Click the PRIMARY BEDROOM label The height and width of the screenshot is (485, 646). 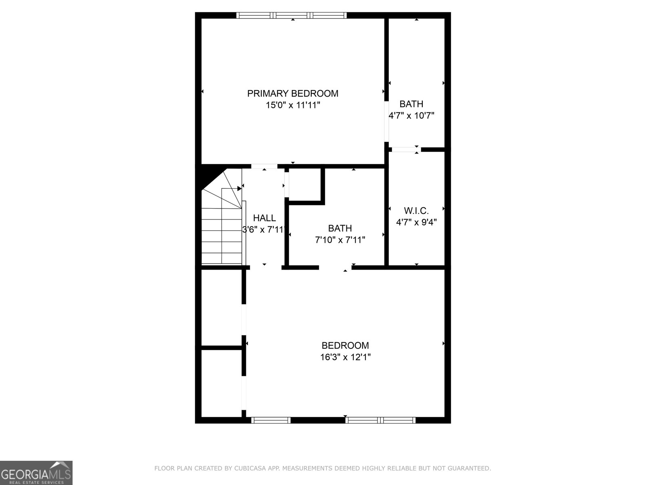click(x=293, y=93)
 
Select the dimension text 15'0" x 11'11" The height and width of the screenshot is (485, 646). click(x=293, y=105)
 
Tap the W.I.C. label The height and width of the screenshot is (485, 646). click(x=416, y=211)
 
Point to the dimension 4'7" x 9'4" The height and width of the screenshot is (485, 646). click(x=416, y=222)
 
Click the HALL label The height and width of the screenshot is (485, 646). click(x=264, y=218)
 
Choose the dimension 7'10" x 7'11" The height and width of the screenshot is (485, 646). click(x=340, y=240)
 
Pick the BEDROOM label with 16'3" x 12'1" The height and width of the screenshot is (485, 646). click(x=345, y=346)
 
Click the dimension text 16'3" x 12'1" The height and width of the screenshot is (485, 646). click(x=345, y=357)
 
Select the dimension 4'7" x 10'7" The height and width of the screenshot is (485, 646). click(x=411, y=116)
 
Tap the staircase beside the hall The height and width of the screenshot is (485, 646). click(x=222, y=226)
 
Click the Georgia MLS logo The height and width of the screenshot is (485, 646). click(x=36, y=473)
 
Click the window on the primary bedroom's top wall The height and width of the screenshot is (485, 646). click(x=292, y=15)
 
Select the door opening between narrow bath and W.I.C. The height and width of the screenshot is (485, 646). click(x=405, y=150)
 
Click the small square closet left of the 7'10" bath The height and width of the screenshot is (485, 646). click(x=305, y=184)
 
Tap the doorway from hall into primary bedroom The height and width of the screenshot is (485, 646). click(x=264, y=166)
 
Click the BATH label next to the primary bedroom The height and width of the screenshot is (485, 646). click(x=411, y=104)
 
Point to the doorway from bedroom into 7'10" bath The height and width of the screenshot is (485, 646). click(x=335, y=267)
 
